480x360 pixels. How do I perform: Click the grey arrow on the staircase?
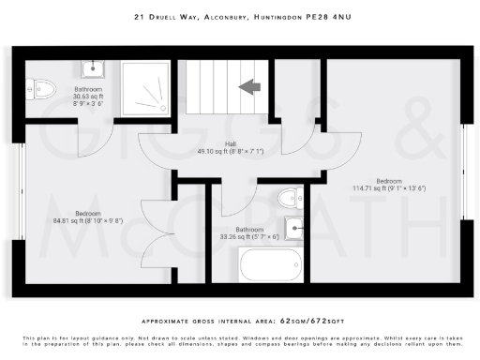click(x=250, y=87)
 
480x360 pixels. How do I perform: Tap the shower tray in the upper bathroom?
click(x=145, y=89)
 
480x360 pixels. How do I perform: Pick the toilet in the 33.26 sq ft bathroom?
click(x=290, y=198)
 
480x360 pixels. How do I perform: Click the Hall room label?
click(x=229, y=144)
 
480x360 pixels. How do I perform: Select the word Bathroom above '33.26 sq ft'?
click(x=249, y=230)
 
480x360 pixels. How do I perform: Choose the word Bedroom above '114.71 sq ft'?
click(x=389, y=180)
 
